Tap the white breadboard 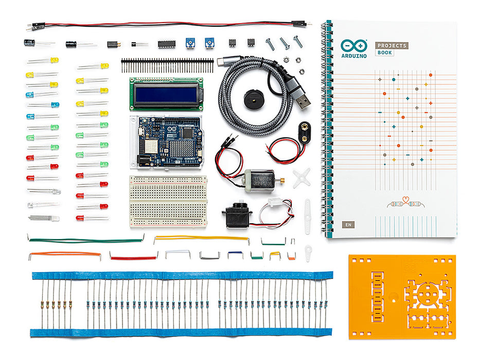(168, 201)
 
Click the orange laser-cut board (401, 296)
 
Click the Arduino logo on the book (353, 45)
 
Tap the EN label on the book (348, 225)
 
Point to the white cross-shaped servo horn (301, 177)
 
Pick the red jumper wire (133, 257)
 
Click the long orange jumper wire (64, 254)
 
